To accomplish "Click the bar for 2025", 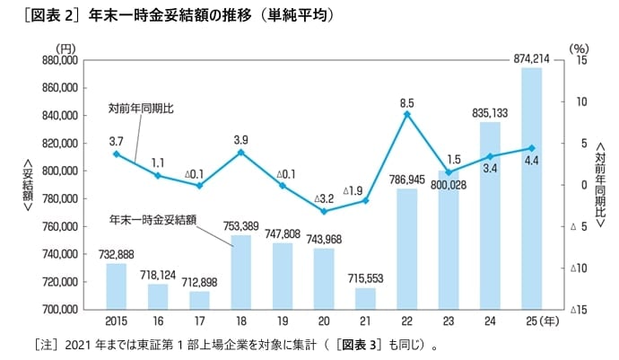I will [531, 189].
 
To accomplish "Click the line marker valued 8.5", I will [406, 114].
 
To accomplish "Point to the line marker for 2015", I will [117, 154].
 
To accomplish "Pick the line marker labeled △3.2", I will [324, 212].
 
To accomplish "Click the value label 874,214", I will [531, 58].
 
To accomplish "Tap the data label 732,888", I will [117, 254].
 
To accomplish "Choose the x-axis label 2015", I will [117, 320].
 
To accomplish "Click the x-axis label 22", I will [406, 320].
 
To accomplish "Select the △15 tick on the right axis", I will [578, 310].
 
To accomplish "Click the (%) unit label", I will [579, 48].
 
